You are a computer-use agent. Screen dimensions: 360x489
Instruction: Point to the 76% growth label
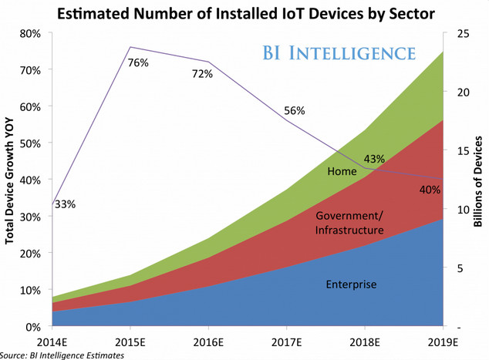(138, 63)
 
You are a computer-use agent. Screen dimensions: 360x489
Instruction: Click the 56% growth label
(295, 111)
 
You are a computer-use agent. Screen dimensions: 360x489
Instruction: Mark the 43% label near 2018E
(374, 160)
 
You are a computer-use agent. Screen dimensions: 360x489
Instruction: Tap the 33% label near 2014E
(65, 204)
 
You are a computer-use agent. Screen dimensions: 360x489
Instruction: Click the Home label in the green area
(342, 172)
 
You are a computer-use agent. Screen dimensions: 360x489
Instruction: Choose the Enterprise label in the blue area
(350, 284)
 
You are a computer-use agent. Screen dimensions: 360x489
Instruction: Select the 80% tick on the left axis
(31, 33)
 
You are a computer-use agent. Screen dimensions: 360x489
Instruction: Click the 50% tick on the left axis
(31, 143)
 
